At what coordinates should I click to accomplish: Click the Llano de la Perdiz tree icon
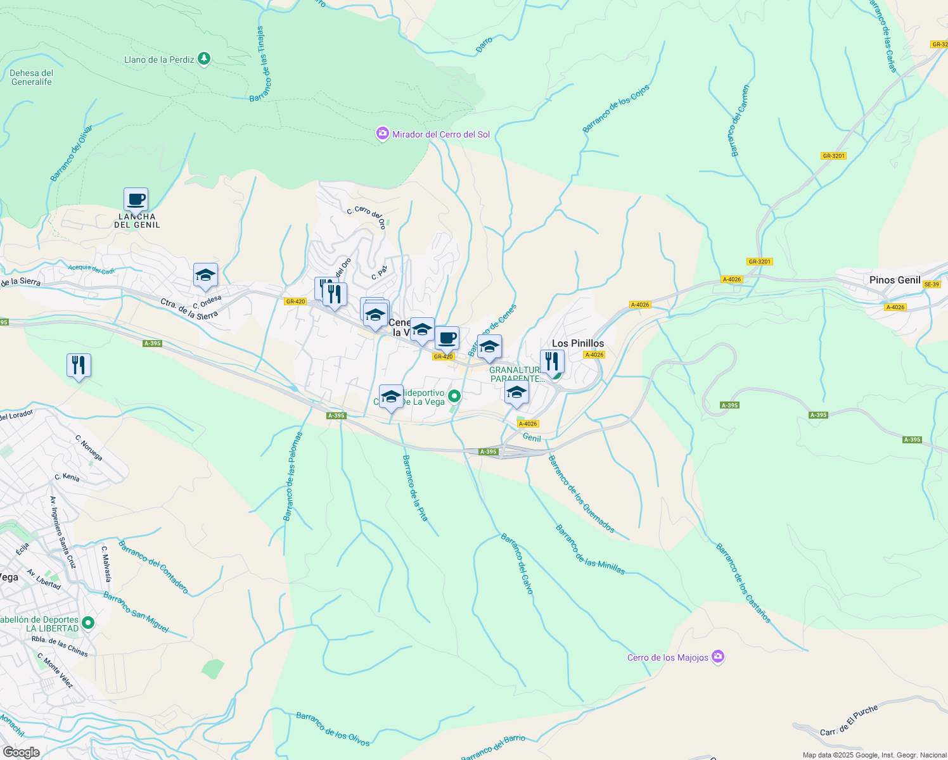tap(203, 59)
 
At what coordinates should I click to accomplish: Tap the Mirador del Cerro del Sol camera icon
tap(382, 134)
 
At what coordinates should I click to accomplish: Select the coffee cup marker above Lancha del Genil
tap(136, 199)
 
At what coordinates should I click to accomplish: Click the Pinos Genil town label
tap(895, 280)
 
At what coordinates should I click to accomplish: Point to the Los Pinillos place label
tap(578, 343)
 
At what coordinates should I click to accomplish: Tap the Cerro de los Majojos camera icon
tap(717, 657)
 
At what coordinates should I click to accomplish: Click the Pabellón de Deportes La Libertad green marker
tap(88, 623)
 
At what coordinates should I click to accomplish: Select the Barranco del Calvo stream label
tap(517, 564)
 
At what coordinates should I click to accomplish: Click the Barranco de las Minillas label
tap(590, 550)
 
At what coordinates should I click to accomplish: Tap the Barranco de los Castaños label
tap(743, 583)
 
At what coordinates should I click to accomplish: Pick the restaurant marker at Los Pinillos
tap(552, 362)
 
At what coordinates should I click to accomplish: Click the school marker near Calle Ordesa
tap(205, 275)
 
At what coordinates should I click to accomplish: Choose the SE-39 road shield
tap(932, 284)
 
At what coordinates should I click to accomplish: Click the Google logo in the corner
tap(22, 752)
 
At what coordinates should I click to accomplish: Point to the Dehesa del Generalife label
tap(32, 77)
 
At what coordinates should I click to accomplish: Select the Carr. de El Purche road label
tap(849, 721)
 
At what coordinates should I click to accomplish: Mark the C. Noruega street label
tap(89, 448)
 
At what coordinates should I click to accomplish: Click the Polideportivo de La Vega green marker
tap(454, 397)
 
